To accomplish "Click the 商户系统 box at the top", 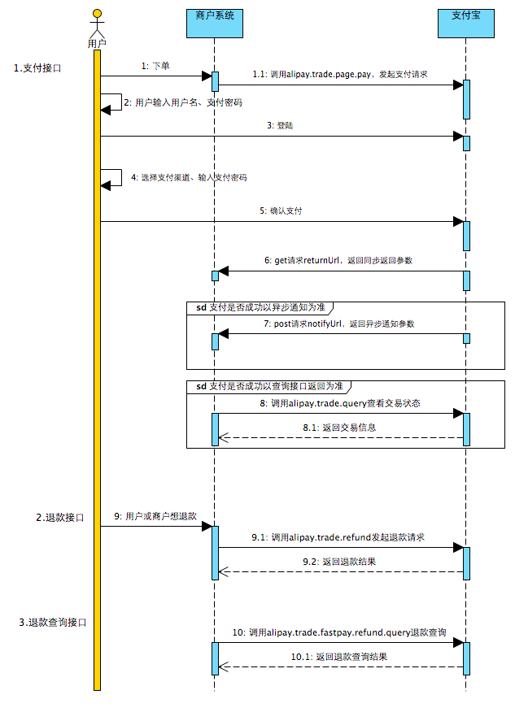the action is tap(215, 24).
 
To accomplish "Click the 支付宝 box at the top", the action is tap(466, 24).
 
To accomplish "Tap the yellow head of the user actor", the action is tap(97, 14).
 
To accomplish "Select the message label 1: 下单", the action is tap(155, 67).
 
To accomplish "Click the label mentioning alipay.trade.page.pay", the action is tap(340, 75).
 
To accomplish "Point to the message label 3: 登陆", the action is tap(280, 126).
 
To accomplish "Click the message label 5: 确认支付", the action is tap(281, 211).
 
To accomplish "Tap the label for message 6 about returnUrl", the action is tap(338, 261).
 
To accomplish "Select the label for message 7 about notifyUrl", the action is tap(339, 324).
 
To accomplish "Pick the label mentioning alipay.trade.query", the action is tap(340, 403).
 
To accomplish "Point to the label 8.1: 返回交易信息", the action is tap(339, 428).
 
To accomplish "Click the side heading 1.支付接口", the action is tap(37, 68).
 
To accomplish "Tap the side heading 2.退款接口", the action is tap(60, 518).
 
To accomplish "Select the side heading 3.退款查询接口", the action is tap(53, 623).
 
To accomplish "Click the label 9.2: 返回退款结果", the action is tap(339, 562).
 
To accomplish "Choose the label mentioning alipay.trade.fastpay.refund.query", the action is tap(339, 632).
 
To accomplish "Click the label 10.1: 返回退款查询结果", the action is tap(339, 657).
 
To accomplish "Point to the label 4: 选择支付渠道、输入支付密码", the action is tap(189, 177).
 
